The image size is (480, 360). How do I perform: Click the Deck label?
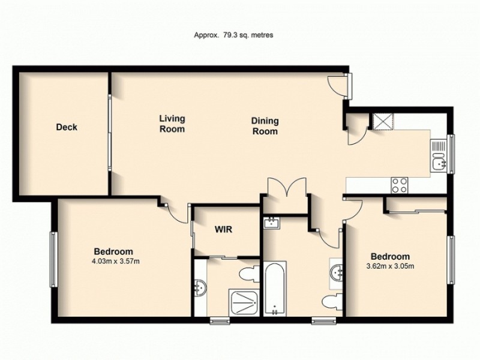click(67, 127)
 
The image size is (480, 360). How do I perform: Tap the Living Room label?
click(172, 124)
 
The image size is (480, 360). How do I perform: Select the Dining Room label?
click(265, 126)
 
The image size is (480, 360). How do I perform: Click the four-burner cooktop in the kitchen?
click(400, 185)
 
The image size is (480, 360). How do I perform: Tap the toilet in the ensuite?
click(247, 275)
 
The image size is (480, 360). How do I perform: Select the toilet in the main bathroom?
click(329, 301)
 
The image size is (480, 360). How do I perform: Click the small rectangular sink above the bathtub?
click(272, 224)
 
